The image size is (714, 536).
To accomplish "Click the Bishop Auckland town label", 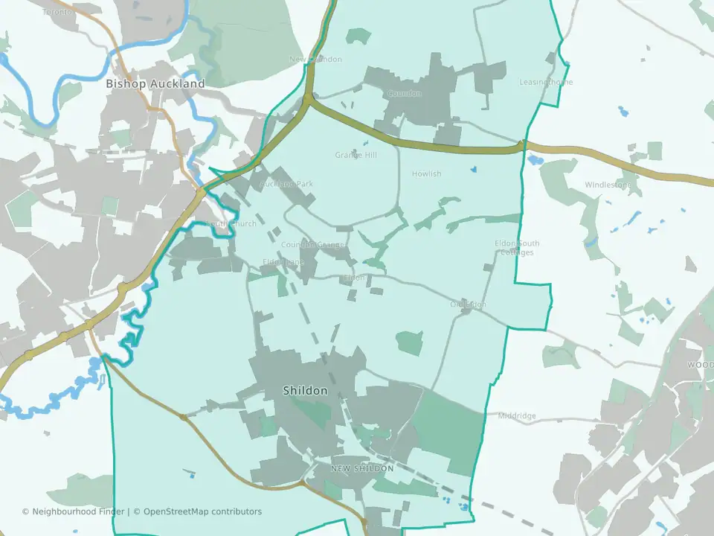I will tap(155, 84).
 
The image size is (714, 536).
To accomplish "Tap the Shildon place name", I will tap(304, 390).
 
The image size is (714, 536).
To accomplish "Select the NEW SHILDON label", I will tap(362, 468).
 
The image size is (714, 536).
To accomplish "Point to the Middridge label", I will tap(517, 415).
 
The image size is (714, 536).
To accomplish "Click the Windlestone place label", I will tap(608, 185).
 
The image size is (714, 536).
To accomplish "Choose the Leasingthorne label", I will tap(546, 82).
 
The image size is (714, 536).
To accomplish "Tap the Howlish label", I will tap(426, 173).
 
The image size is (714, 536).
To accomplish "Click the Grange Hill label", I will tap(356, 155).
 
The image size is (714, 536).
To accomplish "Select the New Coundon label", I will tap(315, 59).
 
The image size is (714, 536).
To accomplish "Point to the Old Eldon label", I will tap(468, 304).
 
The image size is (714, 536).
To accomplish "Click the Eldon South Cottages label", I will tap(517, 248).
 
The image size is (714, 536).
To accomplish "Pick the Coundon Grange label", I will tap(312, 244).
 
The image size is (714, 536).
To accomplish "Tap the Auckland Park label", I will tap(286, 183).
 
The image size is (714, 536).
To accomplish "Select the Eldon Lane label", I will tap(283, 262).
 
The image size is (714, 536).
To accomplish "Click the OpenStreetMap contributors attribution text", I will tap(202, 511).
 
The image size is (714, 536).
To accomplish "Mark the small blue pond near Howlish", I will tap(473, 169).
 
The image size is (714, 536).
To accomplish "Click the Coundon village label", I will tap(404, 94).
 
